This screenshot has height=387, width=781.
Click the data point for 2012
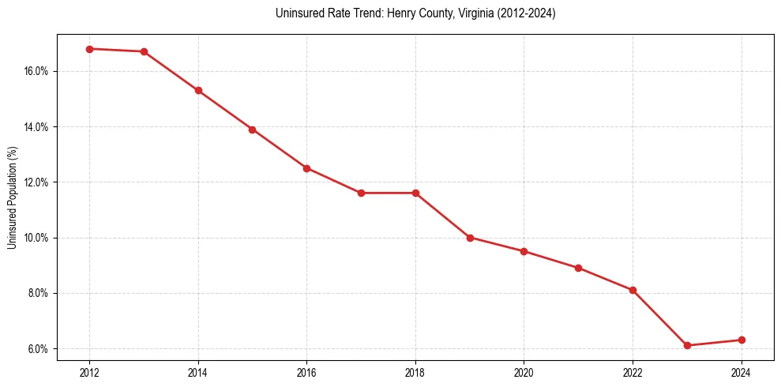tap(89, 49)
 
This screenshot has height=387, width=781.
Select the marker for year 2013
tap(144, 51)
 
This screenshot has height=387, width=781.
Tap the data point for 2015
tap(253, 130)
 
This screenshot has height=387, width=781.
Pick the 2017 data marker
tap(361, 193)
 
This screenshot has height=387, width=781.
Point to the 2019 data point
tap(470, 238)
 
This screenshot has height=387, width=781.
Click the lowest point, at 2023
tap(687, 345)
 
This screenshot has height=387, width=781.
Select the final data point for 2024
tap(742, 340)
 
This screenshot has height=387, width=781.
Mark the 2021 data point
tap(578, 268)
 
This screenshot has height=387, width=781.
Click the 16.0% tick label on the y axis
tap(36, 71)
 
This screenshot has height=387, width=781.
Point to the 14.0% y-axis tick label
tap(36, 126)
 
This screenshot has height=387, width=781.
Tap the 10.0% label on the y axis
tap(36, 238)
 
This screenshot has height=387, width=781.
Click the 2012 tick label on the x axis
tap(89, 371)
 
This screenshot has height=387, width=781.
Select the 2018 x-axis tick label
tap(415, 371)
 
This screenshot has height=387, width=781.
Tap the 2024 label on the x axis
tap(742, 371)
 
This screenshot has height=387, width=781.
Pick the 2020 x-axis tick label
tap(524, 371)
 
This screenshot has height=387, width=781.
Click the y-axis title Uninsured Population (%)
tap(12, 197)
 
